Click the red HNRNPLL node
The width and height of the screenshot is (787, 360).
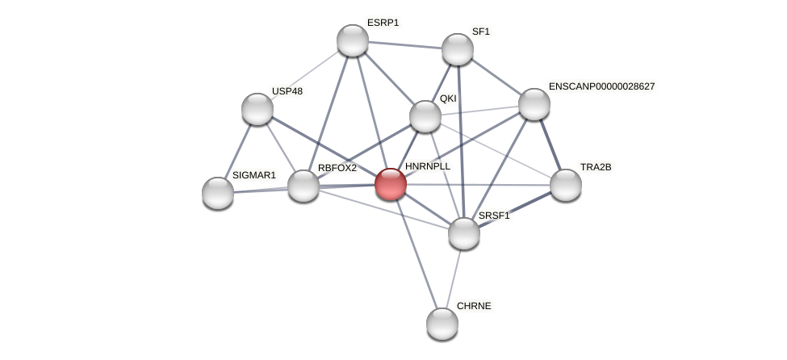pyautogui.click(x=391, y=184)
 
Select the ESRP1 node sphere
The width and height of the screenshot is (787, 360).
pyautogui.click(x=353, y=40)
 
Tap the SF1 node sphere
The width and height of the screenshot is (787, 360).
pyautogui.click(x=458, y=49)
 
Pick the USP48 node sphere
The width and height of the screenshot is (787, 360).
pyautogui.click(x=257, y=109)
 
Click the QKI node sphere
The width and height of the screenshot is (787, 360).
pyautogui.click(x=425, y=116)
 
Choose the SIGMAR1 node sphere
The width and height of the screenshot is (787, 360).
pyautogui.click(x=218, y=192)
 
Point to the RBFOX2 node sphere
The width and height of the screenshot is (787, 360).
pyautogui.click(x=303, y=186)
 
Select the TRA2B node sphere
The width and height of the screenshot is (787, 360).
pyautogui.click(x=566, y=185)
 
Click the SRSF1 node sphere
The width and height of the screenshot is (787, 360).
pyautogui.click(x=464, y=233)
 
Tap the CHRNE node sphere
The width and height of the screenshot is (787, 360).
pyautogui.click(x=442, y=324)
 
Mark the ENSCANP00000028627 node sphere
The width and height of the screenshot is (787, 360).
pyautogui.click(x=534, y=104)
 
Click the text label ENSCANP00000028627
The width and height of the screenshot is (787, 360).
pyautogui.click(x=601, y=86)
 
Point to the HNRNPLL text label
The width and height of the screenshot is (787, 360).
pyautogui.click(x=428, y=166)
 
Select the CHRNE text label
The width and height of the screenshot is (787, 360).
pyautogui.click(x=474, y=306)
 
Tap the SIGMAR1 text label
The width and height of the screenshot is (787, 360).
pyautogui.click(x=254, y=175)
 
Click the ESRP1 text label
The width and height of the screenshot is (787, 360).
pyautogui.click(x=383, y=23)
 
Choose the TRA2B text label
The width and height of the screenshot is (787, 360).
pyautogui.click(x=596, y=167)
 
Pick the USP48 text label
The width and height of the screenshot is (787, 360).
pyautogui.click(x=287, y=91)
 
